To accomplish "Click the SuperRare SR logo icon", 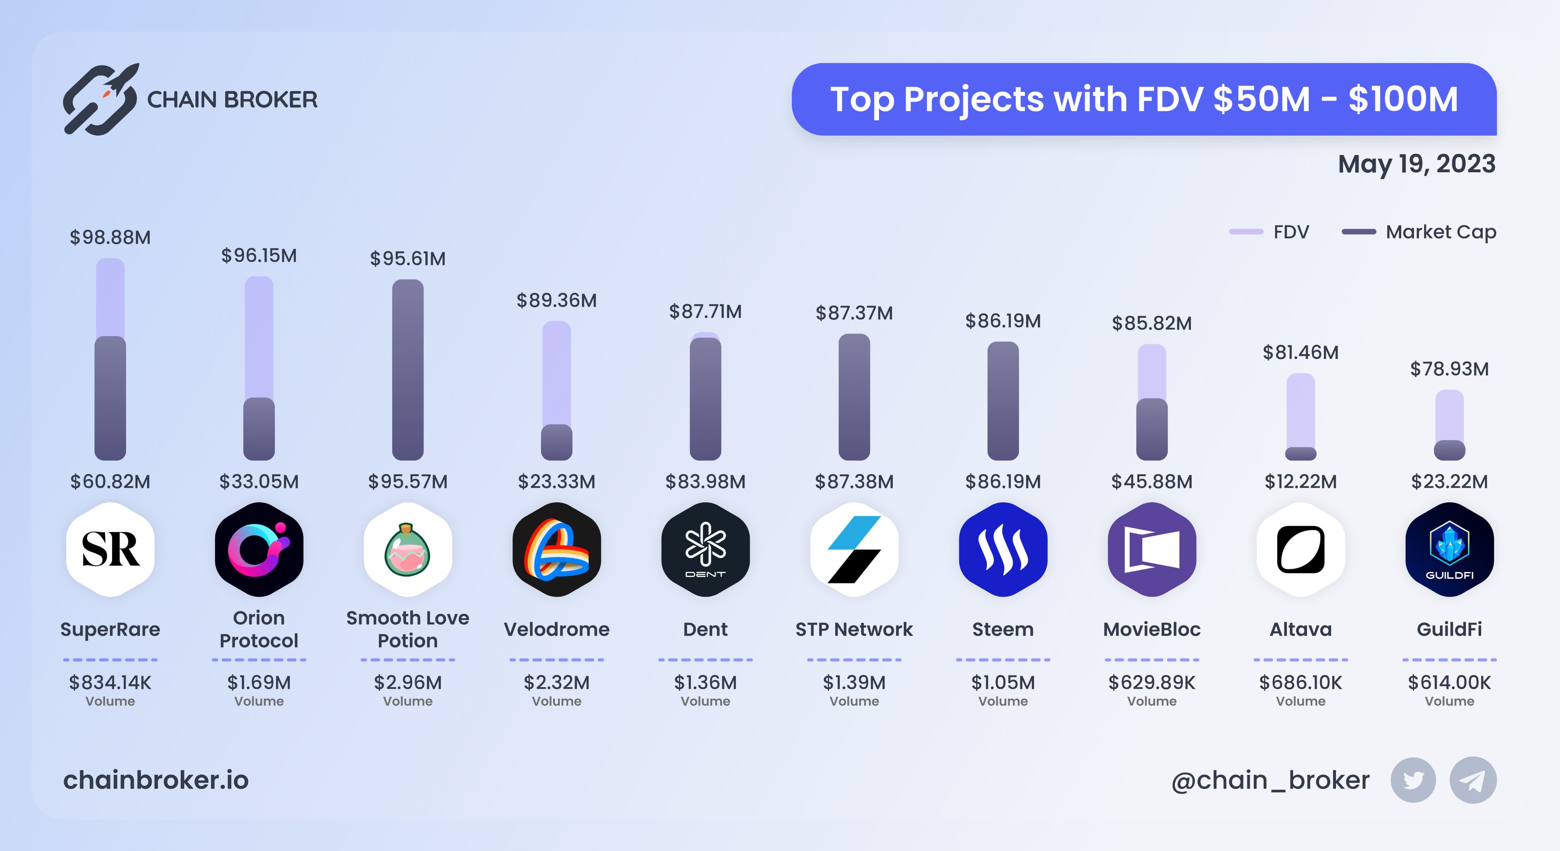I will pyautogui.click(x=110, y=549).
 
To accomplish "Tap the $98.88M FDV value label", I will pyautogui.click(x=110, y=237).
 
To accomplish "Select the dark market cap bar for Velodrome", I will pyautogui.click(x=556, y=442).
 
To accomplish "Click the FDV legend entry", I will pyautogui.click(x=1269, y=232).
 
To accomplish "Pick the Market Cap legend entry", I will pyautogui.click(x=1419, y=232).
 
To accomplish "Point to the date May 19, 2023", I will pyautogui.click(x=1416, y=164).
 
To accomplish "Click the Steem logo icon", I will pyautogui.click(x=1003, y=549).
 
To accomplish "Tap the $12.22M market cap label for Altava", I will pyautogui.click(x=1300, y=481).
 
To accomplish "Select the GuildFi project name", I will pyautogui.click(x=1449, y=629).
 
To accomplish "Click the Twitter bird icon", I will pyautogui.click(x=1413, y=780).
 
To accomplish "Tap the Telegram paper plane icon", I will pyautogui.click(x=1472, y=780).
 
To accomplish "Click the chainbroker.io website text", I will pyautogui.click(x=156, y=780).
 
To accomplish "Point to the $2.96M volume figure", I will pyautogui.click(x=408, y=683).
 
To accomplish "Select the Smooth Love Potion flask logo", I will pyautogui.click(x=408, y=549).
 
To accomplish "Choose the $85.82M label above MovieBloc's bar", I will pyautogui.click(x=1151, y=323).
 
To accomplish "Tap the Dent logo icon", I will pyautogui.click(x=705, y=549).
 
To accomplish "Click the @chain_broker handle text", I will pyautogui.click(x=1270, y=780).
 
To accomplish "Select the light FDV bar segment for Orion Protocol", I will pyautogui.click(x=259, y=336).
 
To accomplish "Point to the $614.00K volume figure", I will pyautogui.click(x=1449, y=683).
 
